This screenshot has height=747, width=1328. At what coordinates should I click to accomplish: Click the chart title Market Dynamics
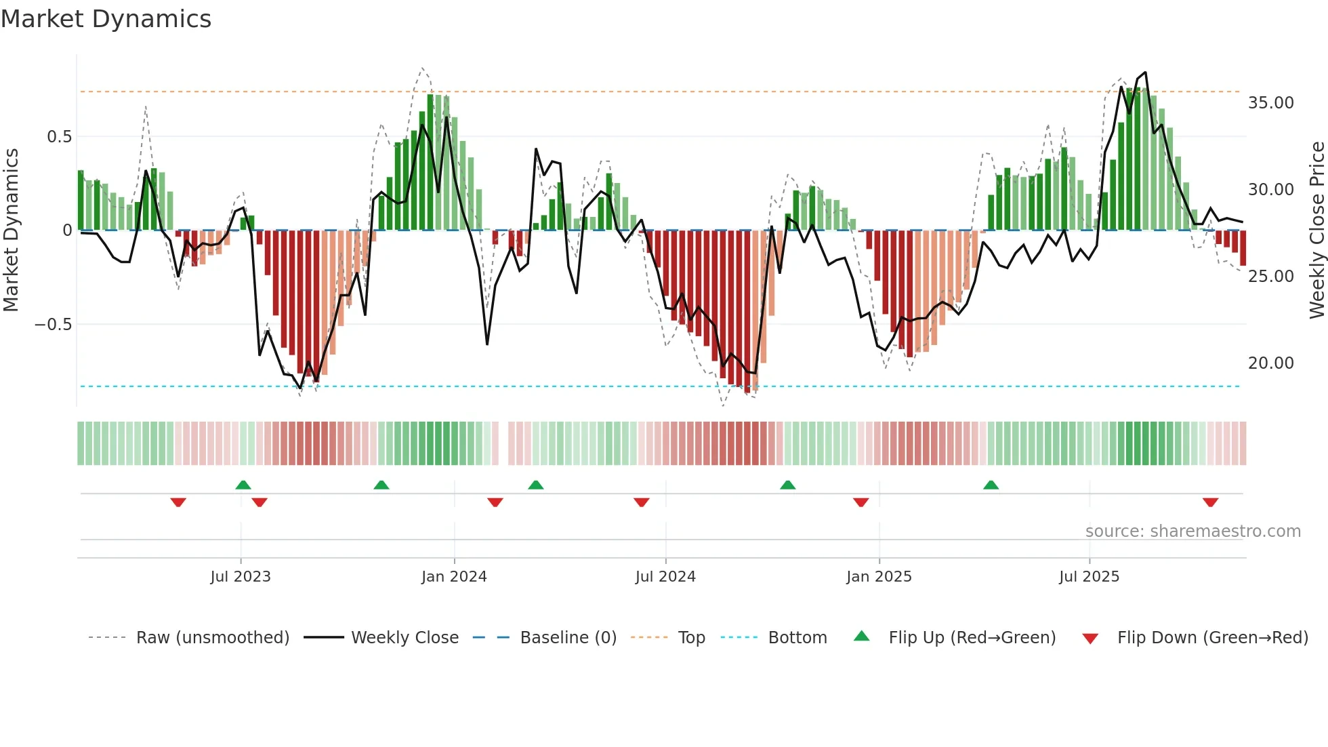pos(106,19)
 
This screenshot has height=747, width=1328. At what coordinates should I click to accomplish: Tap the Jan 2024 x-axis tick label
pos(454,577)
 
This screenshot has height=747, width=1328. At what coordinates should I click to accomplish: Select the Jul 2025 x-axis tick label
pos(1089,577)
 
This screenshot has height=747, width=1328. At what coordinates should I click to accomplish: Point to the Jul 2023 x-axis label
pos(241,577)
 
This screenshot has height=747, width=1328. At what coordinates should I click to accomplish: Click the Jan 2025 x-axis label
pos(879,577)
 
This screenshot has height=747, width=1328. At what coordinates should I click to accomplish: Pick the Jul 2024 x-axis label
pos(665,577)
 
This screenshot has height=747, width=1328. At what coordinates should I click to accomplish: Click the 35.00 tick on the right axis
pos(1270,103)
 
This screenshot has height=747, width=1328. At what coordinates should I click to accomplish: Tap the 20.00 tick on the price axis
pos(1270,363)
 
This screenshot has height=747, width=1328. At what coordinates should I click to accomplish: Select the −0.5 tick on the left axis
pos(53,325)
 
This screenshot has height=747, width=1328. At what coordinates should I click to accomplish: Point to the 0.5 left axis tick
pos(59,137)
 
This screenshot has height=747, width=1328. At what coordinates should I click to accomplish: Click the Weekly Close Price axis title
pos(1316,230)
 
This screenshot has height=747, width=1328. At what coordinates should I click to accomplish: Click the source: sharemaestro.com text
pos(1192,531)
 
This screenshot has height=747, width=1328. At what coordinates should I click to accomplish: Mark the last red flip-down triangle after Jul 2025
pos(1210,502)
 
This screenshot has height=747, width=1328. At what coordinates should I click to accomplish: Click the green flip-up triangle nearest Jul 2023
pos(243,485)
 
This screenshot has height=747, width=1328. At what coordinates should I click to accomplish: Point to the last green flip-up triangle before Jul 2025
pos(991,485)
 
